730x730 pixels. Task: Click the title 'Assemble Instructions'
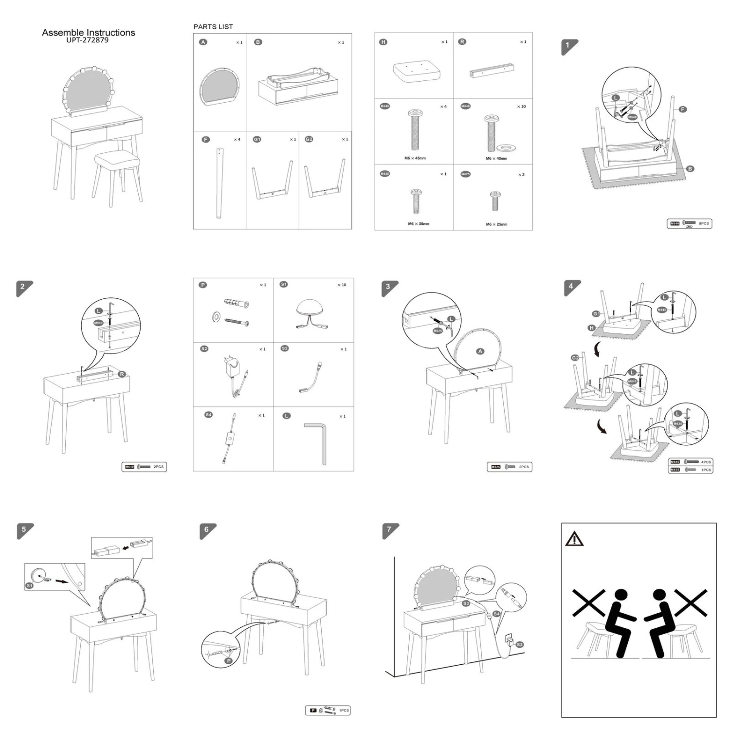[x=88, y=33]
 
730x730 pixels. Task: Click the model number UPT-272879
[x=88, y=40]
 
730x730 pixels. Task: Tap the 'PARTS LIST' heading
[x=213, y=27]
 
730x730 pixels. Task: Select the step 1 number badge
[x=567, y=46]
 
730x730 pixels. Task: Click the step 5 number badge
[x=24, y=530]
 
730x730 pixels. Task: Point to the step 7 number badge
[x=389, y=529]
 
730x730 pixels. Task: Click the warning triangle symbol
[x=574, y=539]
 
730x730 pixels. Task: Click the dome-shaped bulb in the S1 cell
[x=313, y=309]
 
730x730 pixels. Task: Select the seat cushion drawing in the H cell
[x=417, y=71]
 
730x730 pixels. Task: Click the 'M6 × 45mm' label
[x=415, y=158]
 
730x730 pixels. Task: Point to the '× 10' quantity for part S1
[x=342, y=285]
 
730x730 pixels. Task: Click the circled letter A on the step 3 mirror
[x=480, y=351]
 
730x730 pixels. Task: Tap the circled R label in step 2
[x=122, y=374]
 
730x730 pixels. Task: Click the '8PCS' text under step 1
[x=704, y=223]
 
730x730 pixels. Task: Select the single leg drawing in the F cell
[x=219, y=182]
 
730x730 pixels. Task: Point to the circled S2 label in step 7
[x=519, y=644]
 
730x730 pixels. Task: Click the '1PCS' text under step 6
[x=344, y=711]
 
